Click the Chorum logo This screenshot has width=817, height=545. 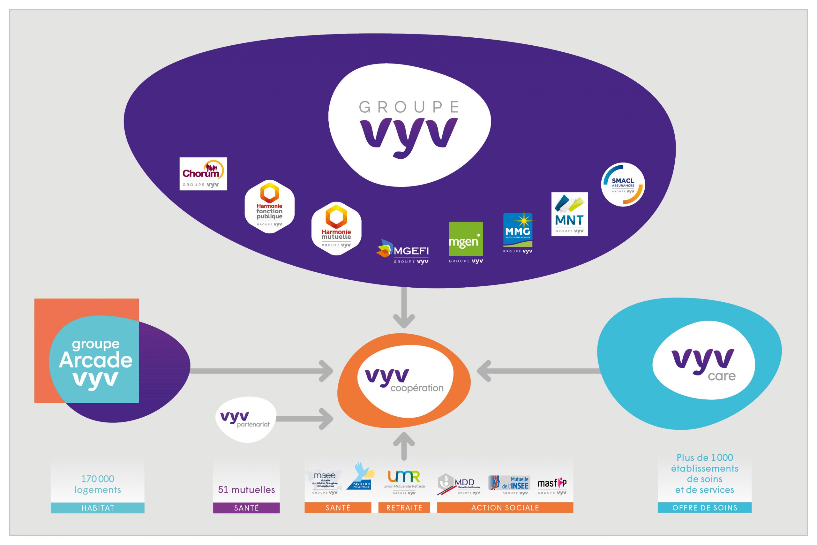[203, 174]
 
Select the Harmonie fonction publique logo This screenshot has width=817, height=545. [270, 207]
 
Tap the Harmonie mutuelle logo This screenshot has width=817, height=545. [336, 228]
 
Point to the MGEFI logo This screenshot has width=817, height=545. [403, 252]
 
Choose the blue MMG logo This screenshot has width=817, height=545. [518, 231]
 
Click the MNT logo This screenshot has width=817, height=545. [569, 214]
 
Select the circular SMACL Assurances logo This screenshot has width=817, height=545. [623, 185]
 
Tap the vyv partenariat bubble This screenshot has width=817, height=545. [246, 419]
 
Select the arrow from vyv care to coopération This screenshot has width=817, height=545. [538, 371]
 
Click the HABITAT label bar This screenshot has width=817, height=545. [98, 508]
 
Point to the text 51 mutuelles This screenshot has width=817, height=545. [246, 490]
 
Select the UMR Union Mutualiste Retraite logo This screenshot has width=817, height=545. [404, 482]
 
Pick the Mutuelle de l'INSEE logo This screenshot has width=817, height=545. [509, 484]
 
